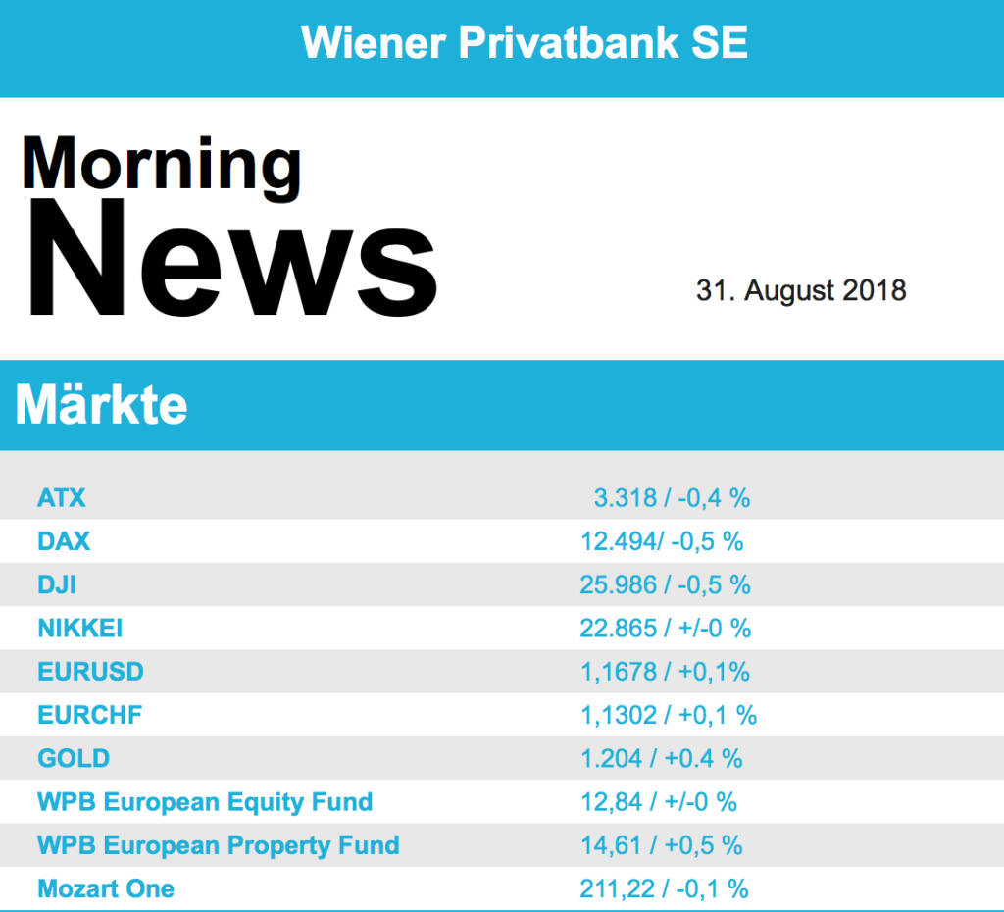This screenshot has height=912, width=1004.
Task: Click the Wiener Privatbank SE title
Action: tap(525, 43)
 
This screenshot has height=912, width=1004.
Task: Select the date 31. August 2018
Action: tap(801, 290)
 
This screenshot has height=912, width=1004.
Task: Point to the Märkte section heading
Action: tap(102, 405)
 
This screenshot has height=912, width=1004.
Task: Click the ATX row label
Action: tap(62, 498)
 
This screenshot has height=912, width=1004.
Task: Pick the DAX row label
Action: tap(64, 541)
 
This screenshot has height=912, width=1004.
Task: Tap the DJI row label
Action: tap(57, 584)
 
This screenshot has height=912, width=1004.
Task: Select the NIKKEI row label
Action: tap(80, 628)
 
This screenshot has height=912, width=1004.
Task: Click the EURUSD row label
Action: tap(90, 672)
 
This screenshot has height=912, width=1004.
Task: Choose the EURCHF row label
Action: tap(89, 715)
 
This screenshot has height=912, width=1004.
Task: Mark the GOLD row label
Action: tap(74, 758)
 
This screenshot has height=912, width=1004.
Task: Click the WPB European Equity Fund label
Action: tap(205, 802)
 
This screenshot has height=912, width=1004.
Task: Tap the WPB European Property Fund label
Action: tap(219, 845)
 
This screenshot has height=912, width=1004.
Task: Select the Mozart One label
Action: tap(106, 889)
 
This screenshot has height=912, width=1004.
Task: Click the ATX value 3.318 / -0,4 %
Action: tap(672, 498)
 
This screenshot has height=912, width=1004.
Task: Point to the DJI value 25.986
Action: tap(619, 584)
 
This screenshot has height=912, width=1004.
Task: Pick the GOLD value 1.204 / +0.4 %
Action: tap(662, 758)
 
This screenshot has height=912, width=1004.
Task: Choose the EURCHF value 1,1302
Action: tap(619, 715)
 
